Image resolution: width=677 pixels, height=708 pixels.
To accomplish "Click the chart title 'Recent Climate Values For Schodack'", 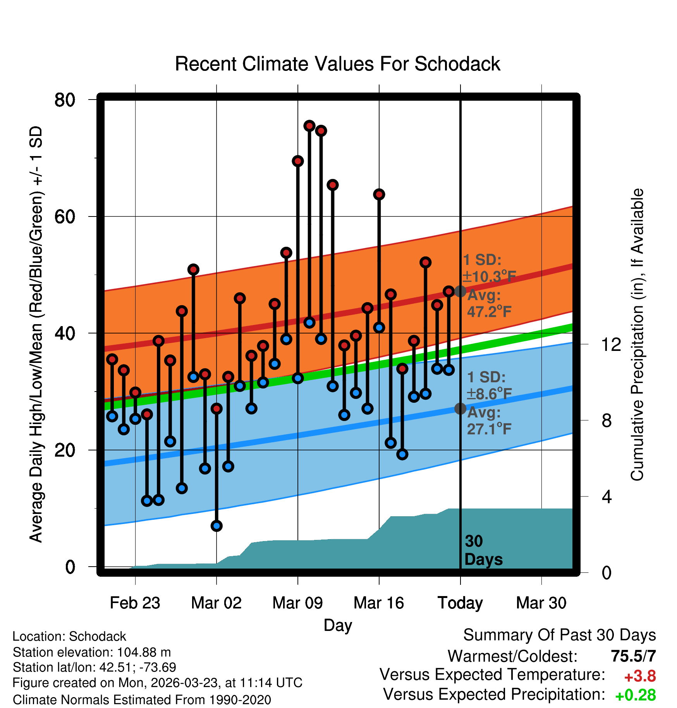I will point(337,64).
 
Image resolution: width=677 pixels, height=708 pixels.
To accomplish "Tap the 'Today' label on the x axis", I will point(460,603).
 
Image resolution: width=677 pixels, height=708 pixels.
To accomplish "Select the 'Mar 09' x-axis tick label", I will point(297,603).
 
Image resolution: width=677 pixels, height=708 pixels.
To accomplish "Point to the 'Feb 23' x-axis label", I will point(135,603).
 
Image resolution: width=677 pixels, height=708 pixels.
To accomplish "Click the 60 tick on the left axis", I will point(65,217).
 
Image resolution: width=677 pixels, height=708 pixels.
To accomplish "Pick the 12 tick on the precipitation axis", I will point(611,344).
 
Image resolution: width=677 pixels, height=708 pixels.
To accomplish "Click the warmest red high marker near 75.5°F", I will point(309,125).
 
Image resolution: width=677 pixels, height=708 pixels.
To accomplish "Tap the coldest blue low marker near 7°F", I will point(217,526).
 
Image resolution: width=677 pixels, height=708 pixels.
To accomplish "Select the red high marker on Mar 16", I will point(379,194).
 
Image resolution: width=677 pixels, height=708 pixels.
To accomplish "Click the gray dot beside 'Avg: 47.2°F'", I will point(460,291).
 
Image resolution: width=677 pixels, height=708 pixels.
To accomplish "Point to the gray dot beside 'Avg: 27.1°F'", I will point(460,408).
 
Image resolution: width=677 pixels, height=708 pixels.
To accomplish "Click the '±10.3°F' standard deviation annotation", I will point(489,277).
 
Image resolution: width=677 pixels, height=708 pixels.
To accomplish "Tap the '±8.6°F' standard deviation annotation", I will point(489,394).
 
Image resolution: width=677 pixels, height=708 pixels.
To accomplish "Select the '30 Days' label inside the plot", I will point(483,550).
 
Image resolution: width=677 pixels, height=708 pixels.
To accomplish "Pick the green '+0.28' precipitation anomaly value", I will point(635,695).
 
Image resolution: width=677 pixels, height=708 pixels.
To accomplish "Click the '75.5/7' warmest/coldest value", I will point(633,656).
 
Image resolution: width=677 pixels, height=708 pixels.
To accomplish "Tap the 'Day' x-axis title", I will point(338,625).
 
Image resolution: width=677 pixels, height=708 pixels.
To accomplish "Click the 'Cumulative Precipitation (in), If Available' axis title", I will point(637,335).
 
